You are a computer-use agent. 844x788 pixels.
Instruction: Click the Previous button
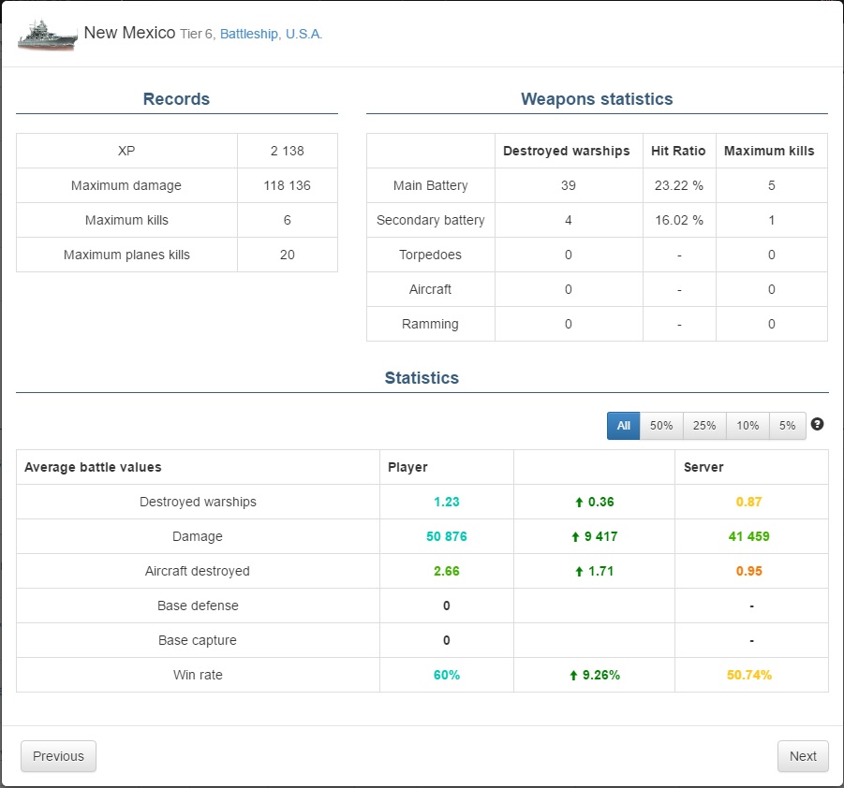tap(58, 756)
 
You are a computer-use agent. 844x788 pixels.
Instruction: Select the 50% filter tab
tap(661, 426)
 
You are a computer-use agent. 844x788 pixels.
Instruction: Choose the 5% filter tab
tap(787, 426)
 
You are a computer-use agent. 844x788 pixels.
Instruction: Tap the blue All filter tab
tap(624, 426)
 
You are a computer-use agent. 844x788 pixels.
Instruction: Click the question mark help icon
tap(817, 425)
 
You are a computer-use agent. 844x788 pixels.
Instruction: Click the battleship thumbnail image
tap(47, 34)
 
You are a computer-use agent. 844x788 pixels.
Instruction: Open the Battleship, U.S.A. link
tap(271, 34)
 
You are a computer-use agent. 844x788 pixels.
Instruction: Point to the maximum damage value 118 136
tap(287, 185)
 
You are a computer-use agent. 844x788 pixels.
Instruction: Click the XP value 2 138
tap(287, 151)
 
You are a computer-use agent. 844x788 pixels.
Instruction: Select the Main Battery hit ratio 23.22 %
tap(678, 185)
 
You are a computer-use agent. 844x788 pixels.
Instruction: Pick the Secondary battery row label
tap(430, 220)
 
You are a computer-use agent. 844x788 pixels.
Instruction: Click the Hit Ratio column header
tap(678, 151)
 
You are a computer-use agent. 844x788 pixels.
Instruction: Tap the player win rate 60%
tap(446, 675)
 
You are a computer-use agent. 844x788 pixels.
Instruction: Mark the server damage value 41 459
tap(751, 536)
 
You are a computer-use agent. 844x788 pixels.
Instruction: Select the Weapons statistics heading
tap(597, 99)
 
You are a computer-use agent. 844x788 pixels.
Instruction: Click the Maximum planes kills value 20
tap(287, 255)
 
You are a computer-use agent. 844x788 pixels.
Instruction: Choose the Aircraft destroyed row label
tap(198, 571)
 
